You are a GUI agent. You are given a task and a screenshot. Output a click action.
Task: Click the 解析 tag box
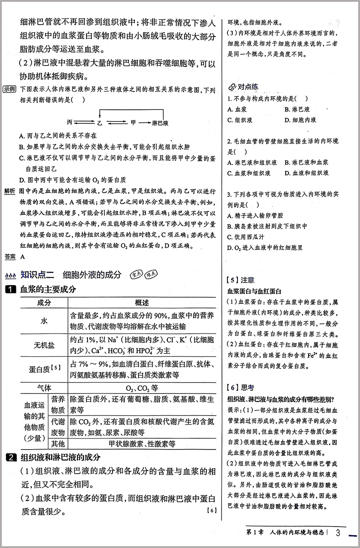pos(9,190)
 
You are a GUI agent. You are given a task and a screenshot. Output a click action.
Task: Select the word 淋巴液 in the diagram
pos(160,123)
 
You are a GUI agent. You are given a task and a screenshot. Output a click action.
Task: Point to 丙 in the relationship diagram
pos(70,123)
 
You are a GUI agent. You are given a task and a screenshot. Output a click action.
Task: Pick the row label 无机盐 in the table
pos(44,346)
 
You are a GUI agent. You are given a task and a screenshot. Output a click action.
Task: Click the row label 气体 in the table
pos(44,387)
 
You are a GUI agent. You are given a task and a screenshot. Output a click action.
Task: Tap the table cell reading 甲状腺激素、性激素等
pos(142,443)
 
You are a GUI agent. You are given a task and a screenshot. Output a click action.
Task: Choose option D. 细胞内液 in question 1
pos(300,120)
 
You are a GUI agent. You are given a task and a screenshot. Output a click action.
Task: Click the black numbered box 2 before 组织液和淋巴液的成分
pos(9,457)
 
